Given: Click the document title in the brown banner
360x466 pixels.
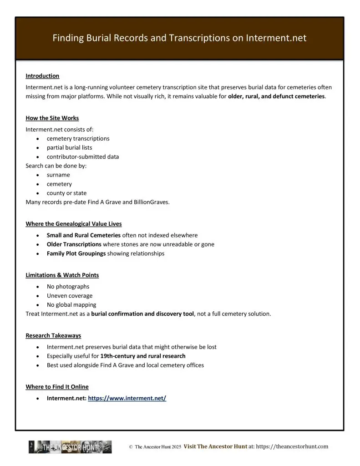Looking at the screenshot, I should pos(179,38).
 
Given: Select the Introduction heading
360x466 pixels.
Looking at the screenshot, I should pos(42,76).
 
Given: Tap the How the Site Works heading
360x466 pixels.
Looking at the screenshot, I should pos(52,118).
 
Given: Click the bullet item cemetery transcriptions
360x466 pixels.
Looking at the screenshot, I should pos(78,138).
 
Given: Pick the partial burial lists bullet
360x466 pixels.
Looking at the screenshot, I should pos(69,147).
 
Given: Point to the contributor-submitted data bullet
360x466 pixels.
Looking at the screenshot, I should pos(82,157).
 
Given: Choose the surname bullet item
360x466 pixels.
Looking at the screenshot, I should pos(58,175).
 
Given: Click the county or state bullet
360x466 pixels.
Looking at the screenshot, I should pos(66,193).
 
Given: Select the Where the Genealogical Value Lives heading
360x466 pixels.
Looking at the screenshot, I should pos(74,224).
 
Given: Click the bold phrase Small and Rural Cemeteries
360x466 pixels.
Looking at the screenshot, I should pos(84,235).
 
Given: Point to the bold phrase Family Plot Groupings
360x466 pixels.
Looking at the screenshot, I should pos(76,253).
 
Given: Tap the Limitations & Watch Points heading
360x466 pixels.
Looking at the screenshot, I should pos(62,275).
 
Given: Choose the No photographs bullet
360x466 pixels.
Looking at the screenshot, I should pos(68,287).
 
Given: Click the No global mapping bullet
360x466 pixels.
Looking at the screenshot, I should pos(71,305).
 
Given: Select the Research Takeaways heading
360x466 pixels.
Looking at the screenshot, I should pos(53,335).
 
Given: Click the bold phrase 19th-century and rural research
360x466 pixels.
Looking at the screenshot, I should pos(143,356).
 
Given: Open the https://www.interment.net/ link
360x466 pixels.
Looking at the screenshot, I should pos(127,398).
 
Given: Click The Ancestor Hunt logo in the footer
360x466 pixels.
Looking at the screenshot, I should pos(70,447).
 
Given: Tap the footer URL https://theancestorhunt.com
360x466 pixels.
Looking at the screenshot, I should pos(292,447).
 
